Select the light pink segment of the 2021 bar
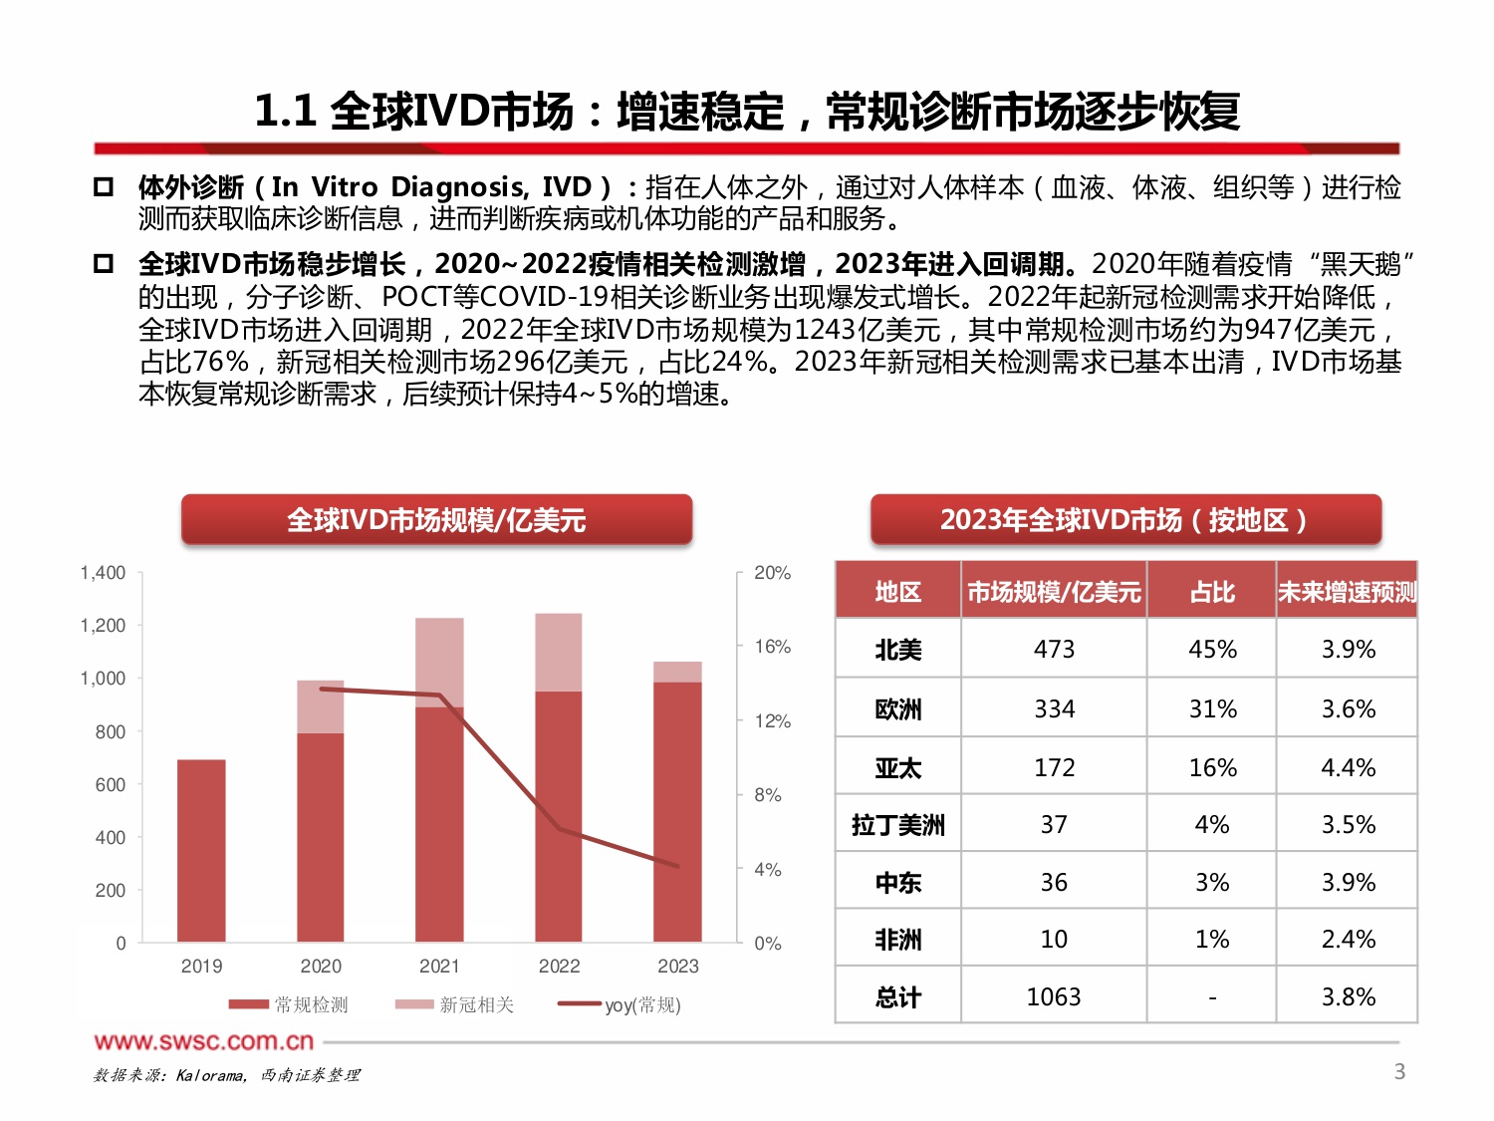click(x=439, y=662)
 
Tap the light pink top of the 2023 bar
click(x=677, y=672)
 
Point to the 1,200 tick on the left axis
click(x=104, y=626)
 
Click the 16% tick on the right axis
click(x=772, y=647)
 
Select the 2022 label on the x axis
click(x=559, y=966)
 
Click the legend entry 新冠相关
click(x=455, y=1004)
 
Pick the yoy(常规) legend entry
click(x=620, y=1004)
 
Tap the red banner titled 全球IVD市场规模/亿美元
click(x=436, y=520)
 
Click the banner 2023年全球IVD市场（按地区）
click(x=1125, y=520)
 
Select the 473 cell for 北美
click(x=1054, y=650)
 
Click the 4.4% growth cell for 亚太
click(x=1348, y=767)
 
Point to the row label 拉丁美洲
click(x=897, y=825)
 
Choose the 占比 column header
click(x=1212, y=592)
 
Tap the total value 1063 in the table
click(x=1054, y=996)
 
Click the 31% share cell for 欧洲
click(x=1212, y=708)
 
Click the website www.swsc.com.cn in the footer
click(x=204, y=1042)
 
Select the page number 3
click(x=1399, y=1071)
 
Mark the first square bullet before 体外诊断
click(x=103, y=186)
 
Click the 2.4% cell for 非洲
click(x=1348, y=939)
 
